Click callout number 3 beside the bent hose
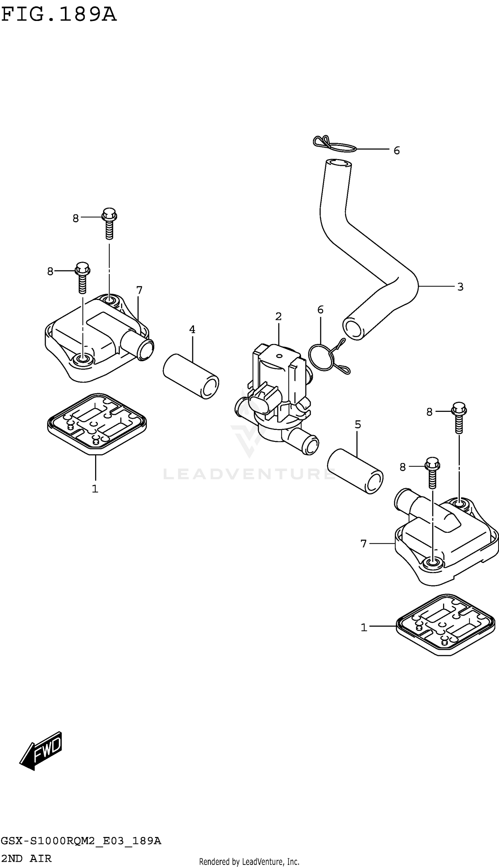click(x=460, y=287)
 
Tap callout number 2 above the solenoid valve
click(x=278, y=317)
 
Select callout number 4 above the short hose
click(x=192, y=330)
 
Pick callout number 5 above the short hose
click(x=358, y=425)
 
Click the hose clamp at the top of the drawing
click(x=334, y=144)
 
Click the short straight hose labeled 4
click(x=191, y=376)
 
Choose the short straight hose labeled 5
click(x=355, y=471)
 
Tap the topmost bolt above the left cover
click(x=109, y=223)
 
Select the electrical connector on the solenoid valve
click(x=264, y=401)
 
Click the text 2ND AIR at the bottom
click(x=26, y=858)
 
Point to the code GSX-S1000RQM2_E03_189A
click(x=81, y=841)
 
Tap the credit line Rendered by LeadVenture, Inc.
click(x=249, y=861)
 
